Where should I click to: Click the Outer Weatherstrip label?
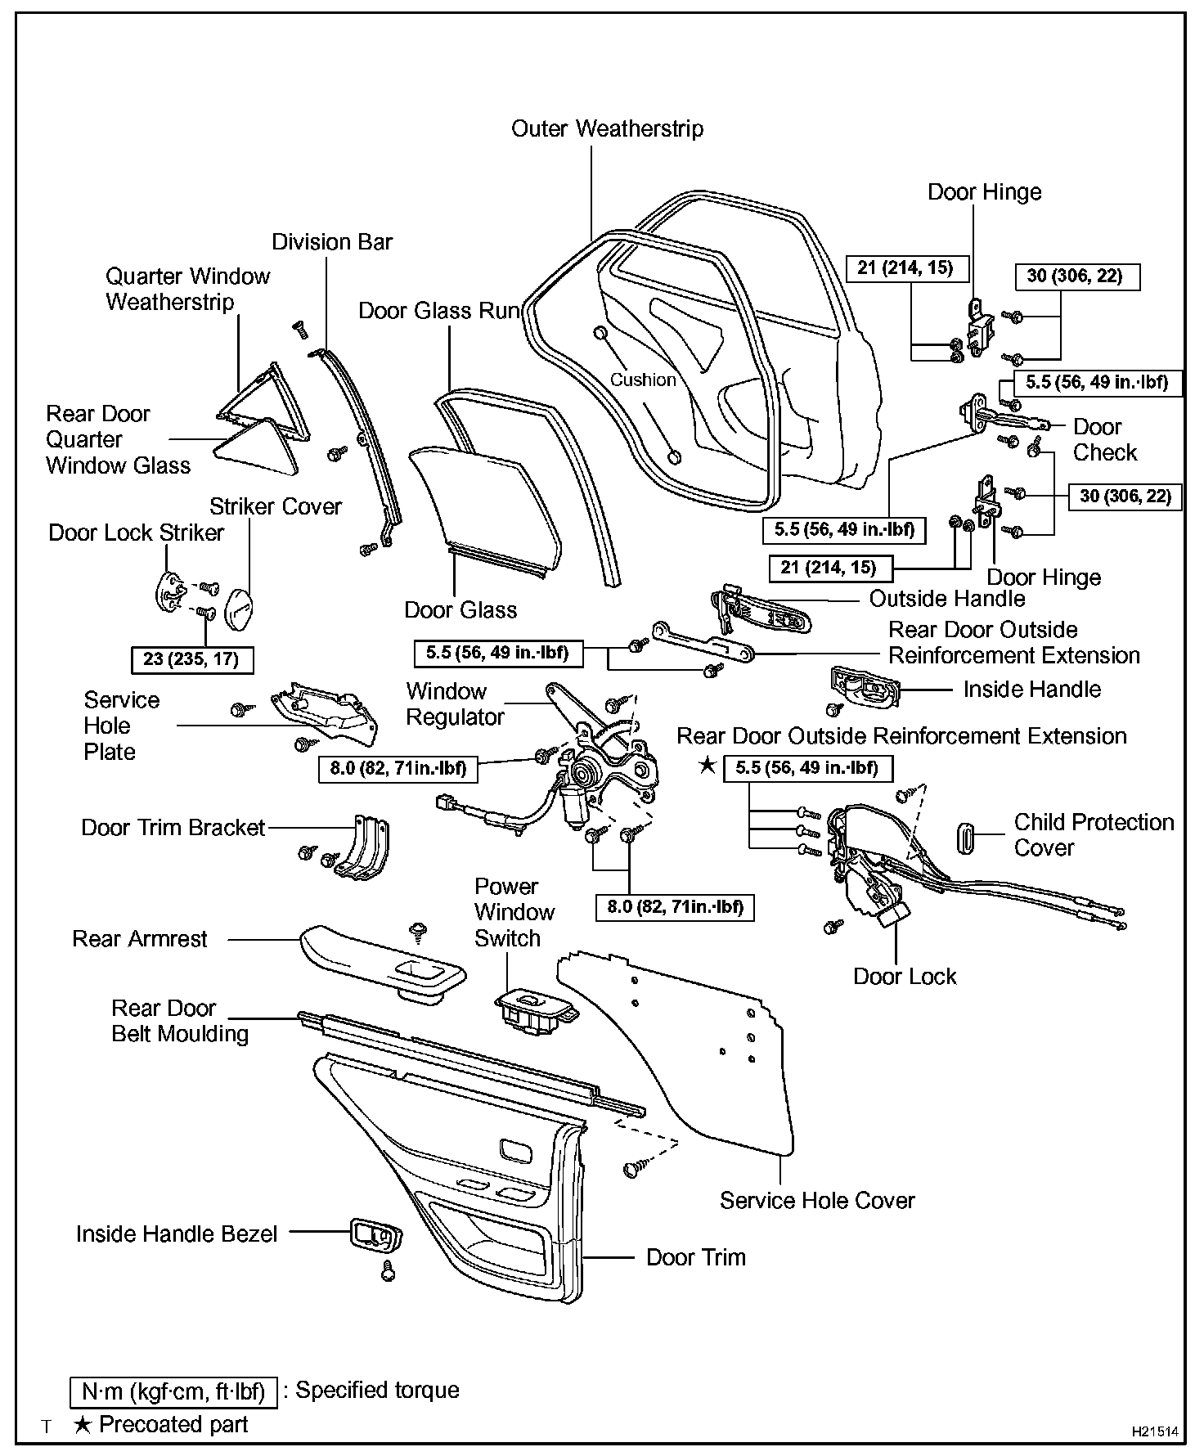pos(607,128)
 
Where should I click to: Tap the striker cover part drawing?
pos(239,609)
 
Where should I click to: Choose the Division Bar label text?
pos(332,242)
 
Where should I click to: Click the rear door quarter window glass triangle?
pos(257,447)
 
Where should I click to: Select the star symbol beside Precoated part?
pos(82,1424)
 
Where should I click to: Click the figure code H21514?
pos(1154,1431)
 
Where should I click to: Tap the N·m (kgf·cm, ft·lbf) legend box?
pos(173,1391)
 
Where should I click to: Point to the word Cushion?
pos(643,380)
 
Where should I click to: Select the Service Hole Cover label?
pos(816,1200)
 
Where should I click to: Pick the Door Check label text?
pos(1104,439)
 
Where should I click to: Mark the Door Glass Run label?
pos(439,311)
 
